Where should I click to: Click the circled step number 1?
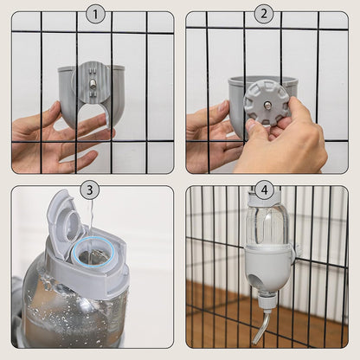(95, 13)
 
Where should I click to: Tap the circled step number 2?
(265, 13)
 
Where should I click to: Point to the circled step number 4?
(264, 190)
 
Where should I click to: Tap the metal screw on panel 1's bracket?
(90, 84)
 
